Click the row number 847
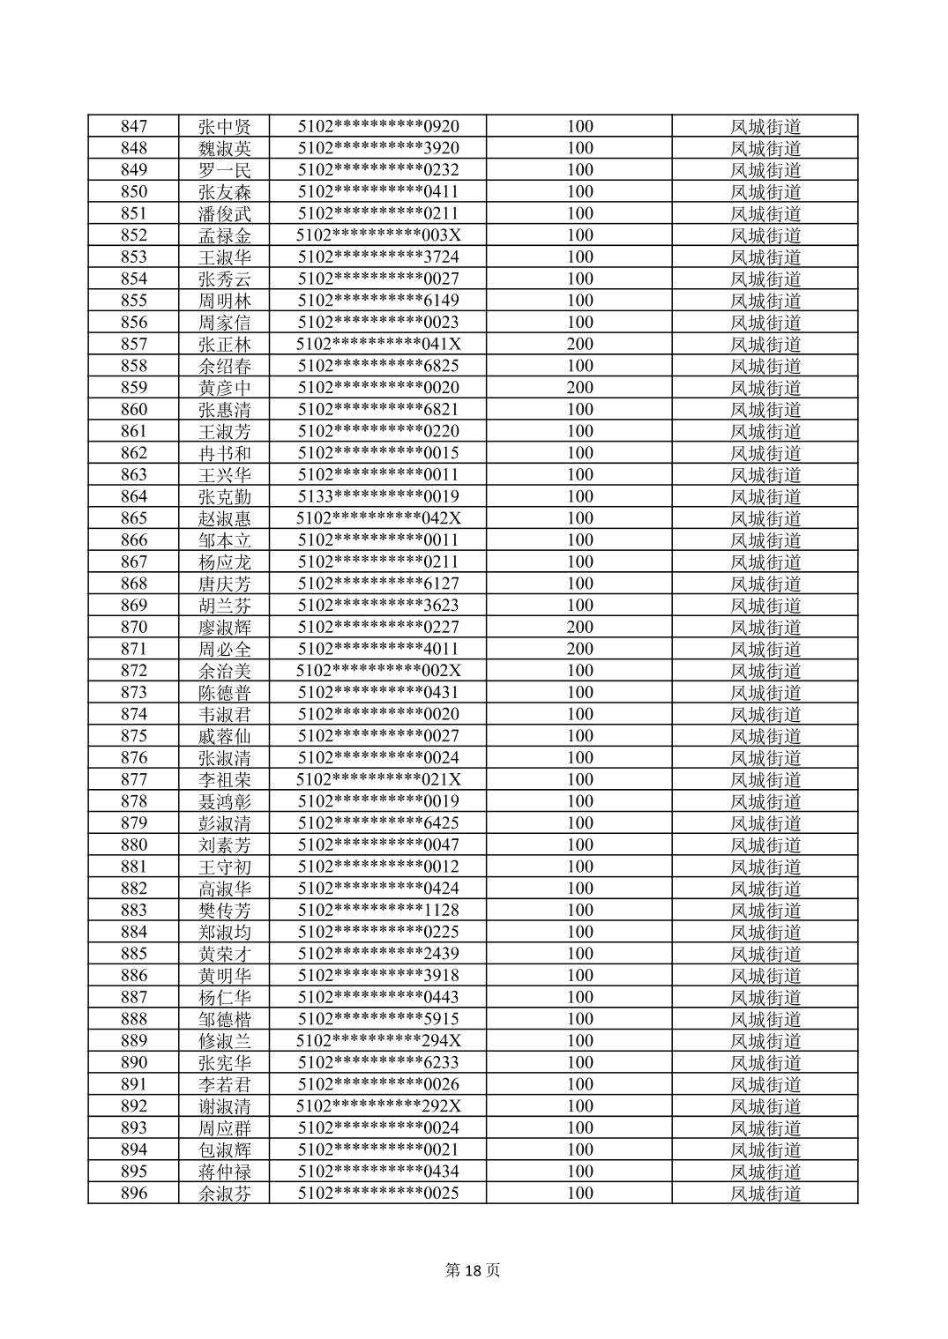134,126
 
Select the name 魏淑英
225,148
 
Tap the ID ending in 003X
378,235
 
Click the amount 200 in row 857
579,344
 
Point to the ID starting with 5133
378,496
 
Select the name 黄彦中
225,388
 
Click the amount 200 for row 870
579,627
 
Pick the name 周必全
225,649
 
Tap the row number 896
134,1193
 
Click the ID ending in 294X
378,1040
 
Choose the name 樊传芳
225,910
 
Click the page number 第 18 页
474,1270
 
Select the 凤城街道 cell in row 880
765,844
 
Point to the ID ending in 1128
378,910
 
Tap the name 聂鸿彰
225,801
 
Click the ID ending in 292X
378,1105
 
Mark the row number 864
134,496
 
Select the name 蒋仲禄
225,1172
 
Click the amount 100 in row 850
579,191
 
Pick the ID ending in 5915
378,1019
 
